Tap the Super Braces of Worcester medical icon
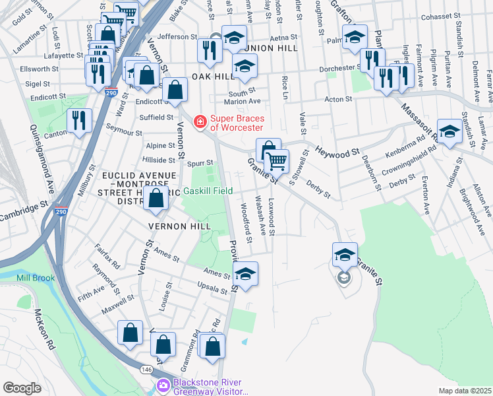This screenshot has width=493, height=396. coord(200,121)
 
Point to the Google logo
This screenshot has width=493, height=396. coord(22,388)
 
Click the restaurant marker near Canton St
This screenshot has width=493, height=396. coord(79,120)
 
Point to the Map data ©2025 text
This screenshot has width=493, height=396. coord(464,391)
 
